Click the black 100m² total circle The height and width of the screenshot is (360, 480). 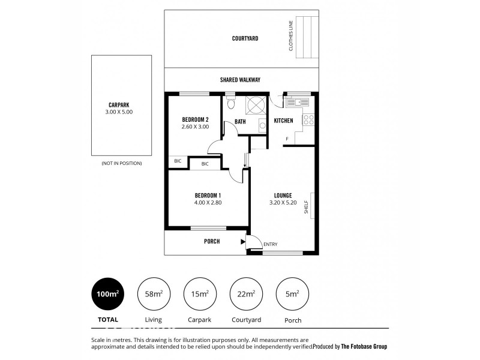[106, 293]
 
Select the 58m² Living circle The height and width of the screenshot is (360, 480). [153, 293]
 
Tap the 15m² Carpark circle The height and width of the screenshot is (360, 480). [200, 293]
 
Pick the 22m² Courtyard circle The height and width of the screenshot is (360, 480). [246, 293]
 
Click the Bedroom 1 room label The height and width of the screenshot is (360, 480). [208, 196]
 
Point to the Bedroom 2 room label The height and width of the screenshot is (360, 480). [195, 119]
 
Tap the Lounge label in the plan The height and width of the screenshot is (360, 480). [283, 196]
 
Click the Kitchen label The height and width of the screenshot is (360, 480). [283, 121]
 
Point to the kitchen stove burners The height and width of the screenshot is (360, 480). [308, 119]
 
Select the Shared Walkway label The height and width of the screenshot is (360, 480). [240, 80]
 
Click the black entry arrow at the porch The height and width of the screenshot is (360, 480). [243, 242]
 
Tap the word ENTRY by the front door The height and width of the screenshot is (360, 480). [270, 244]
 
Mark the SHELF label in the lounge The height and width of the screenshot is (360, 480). [306, 208]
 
